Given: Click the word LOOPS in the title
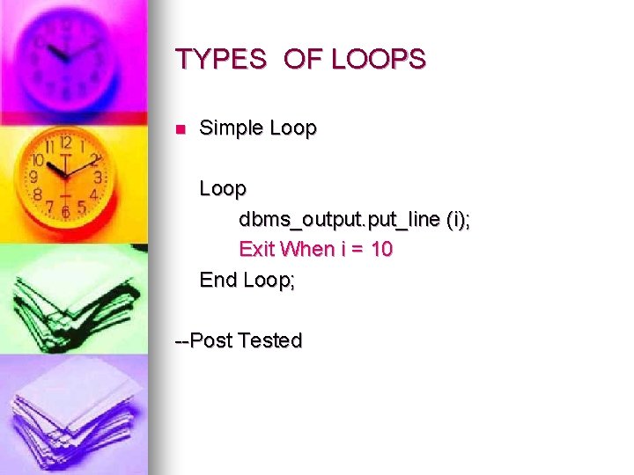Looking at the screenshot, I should [x=379, y=60].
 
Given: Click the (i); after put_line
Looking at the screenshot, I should [x=456, y=219].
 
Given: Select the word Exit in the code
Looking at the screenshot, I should [x=256, y=249].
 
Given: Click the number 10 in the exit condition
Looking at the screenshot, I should [x=381, y=249].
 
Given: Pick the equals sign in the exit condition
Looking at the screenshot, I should [x=356, y=250].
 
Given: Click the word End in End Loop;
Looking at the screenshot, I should [x=218, y=280].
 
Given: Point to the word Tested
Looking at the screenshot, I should [x=270, y=340].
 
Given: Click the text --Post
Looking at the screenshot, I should [x=203, y=340].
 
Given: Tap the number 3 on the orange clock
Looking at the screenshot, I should [x=98, y=177].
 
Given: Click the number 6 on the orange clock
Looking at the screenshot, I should [x=65, y=212].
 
